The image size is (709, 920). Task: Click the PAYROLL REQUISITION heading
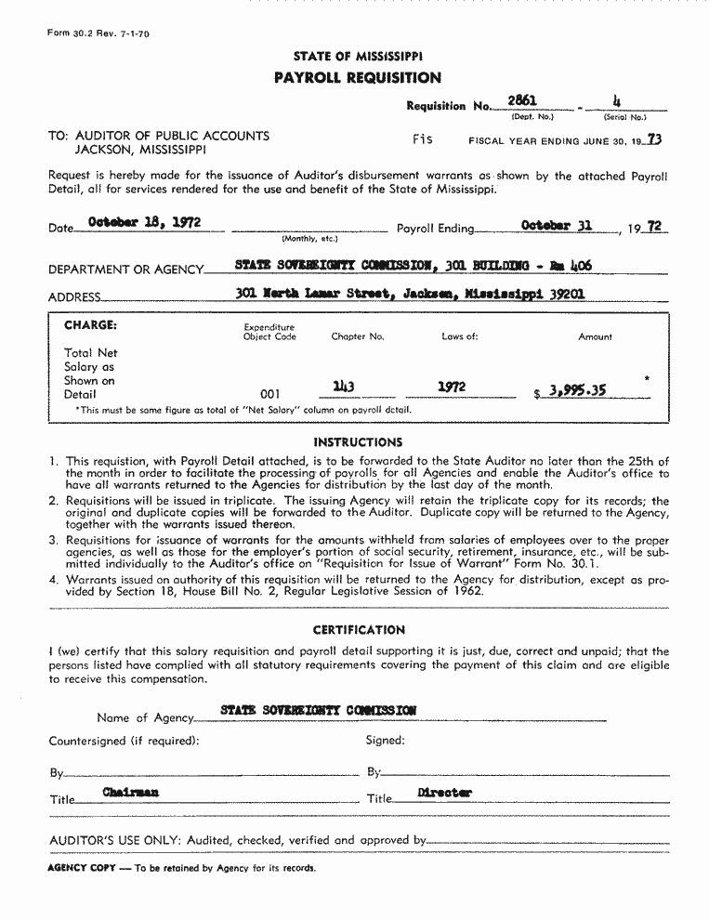coord(357,78)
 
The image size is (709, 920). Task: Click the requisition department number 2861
coord(522,100)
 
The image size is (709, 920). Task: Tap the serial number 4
coord(617,100)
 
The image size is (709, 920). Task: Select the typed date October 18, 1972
coord(144,223)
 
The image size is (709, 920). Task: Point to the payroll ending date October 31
coord(558,225)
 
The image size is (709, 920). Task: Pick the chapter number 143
coord(345,387)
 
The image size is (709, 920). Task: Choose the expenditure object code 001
coord(269,394)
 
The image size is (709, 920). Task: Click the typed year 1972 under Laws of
coord(452,387)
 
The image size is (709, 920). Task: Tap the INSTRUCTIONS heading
coord(358,442)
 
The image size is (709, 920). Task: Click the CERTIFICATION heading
coord(359,630)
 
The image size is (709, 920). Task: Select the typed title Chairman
coord(131,792)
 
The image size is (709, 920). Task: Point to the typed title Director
coord(444,793)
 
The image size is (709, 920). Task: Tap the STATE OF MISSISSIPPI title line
coord(358,57)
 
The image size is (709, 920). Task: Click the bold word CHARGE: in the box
coord(90,325)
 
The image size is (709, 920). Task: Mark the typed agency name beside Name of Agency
coord(318,710)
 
